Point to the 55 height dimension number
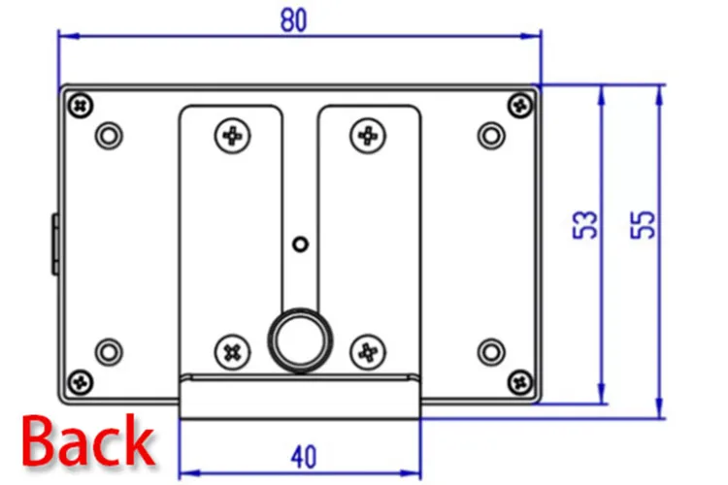click(644, 224)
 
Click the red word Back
click(88, 442)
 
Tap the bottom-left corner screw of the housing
click(79, 381)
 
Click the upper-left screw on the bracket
click(232, 135)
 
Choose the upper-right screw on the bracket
click(368, 135)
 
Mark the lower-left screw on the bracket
click(232, 350)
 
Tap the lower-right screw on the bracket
click(368, 350)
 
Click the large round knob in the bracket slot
click(299, 339)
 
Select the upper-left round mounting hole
click(110, 133)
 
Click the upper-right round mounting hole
click(491, 133)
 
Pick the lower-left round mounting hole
click(110, 350)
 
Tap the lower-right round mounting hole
click(491, 350)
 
